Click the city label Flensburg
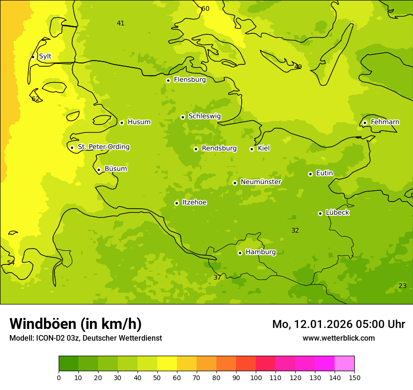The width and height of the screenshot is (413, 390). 190,80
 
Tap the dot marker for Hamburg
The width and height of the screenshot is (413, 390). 240,253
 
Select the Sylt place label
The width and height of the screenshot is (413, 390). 45,56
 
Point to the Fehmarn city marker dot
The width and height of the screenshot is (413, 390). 365,123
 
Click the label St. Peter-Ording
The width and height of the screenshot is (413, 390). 103,147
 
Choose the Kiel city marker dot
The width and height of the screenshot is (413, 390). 252,149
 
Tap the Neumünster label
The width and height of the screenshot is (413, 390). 260,182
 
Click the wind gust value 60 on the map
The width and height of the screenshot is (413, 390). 205,8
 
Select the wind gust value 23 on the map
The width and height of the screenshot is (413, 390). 402,286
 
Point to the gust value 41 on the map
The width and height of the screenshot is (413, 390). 121,23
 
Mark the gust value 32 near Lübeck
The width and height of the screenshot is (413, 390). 295,230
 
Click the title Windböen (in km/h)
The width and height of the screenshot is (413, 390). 76,324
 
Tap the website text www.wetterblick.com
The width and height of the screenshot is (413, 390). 338,338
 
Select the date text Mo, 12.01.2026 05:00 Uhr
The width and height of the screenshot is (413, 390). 338,324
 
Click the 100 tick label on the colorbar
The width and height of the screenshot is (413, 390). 256,377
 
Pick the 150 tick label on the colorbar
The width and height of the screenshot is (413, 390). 354,377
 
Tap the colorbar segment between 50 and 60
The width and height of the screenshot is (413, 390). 167,364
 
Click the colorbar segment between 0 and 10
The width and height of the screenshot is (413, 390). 69,364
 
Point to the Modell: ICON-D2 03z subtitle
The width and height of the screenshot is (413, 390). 85,338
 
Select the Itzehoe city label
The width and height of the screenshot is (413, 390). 194,203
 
